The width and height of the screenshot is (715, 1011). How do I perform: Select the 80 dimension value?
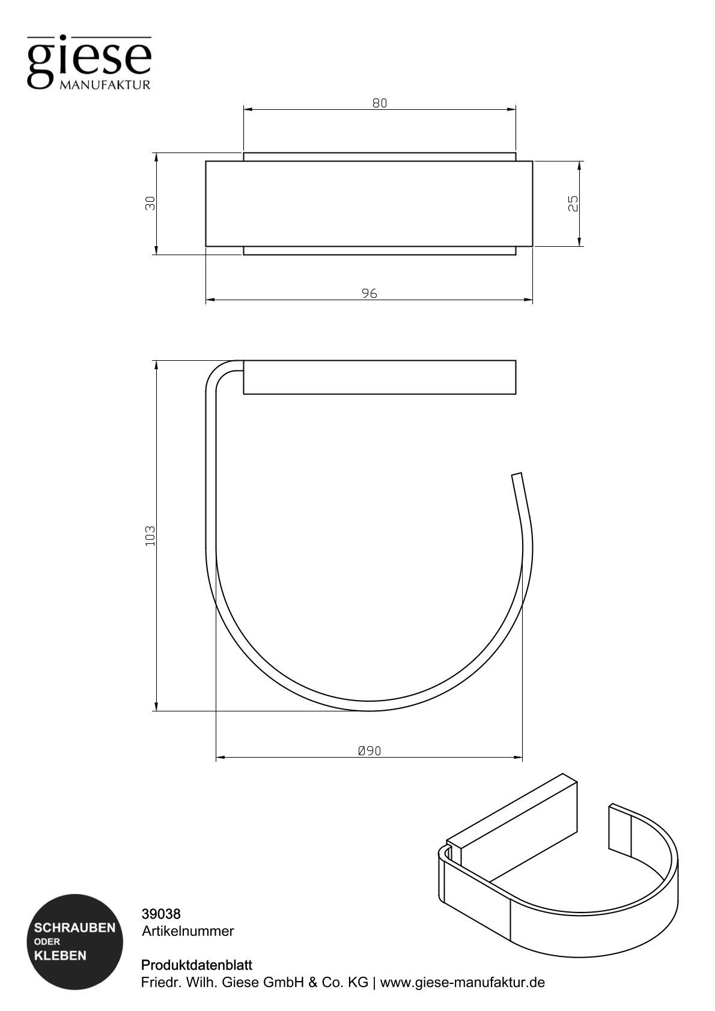click(380, 103)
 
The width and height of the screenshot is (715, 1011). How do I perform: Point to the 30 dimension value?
click(150, 204)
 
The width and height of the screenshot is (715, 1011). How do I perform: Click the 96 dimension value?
click(370, 294)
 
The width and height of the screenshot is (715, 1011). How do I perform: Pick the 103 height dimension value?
click(150, 536)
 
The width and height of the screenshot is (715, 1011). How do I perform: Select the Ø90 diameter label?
click(370, 751)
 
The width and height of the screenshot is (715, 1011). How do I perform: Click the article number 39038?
click(161, 914)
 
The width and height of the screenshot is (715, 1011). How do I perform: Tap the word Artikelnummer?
click(187, 931)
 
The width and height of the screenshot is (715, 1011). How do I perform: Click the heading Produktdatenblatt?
click(196, 965)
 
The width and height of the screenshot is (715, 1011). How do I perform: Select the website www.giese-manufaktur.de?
click(462, 983)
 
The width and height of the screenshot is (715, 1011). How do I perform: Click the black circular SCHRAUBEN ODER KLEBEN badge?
click(75, 941)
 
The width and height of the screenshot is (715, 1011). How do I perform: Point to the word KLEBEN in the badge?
click(61, 955)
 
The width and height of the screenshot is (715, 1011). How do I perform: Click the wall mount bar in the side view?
click(379, 377)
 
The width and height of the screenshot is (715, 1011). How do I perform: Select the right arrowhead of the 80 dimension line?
click(513, 110)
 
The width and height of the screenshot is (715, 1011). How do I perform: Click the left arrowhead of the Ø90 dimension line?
click(219, 758)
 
